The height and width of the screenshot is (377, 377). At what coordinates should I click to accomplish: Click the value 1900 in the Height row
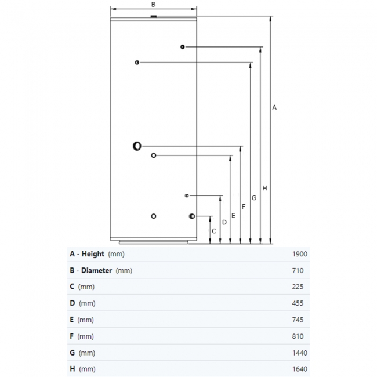(x=300, y=254)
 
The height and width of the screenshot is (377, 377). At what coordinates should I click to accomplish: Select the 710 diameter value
(x=298, y=271)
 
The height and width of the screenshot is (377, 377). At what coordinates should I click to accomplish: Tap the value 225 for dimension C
(x=298, y=287)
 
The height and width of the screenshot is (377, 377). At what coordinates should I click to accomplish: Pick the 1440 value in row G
(x=300, y=353)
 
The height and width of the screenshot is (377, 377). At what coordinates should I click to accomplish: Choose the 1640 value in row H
(x=300, y=369)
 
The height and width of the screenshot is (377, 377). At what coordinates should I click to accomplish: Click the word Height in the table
(x=93, y=254)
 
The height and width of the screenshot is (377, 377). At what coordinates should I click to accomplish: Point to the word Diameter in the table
(x=96, y=270)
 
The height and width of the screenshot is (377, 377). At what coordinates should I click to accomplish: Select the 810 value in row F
(x=298, y=336)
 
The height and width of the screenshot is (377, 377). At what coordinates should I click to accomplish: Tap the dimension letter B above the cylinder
(x=153, y=4)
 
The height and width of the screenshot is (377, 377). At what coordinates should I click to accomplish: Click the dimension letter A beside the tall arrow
(x=274, y=107)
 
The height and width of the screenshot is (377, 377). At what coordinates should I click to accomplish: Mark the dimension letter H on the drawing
(x=264, y=188)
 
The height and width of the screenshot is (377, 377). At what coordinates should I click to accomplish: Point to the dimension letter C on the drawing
(x=214, y=231)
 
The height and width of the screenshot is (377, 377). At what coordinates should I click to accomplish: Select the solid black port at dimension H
(x=183, y=47)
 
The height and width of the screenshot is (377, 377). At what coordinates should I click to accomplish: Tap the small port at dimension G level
(x=137, y=63)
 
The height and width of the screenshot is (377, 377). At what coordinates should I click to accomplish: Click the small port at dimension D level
(x=187, y=195)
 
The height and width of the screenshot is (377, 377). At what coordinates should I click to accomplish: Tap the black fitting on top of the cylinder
(x=153, y=17)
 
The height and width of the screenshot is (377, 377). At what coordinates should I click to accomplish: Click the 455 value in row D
(x=298, y=303)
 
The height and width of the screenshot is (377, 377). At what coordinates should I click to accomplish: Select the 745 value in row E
(x=298, y=320)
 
